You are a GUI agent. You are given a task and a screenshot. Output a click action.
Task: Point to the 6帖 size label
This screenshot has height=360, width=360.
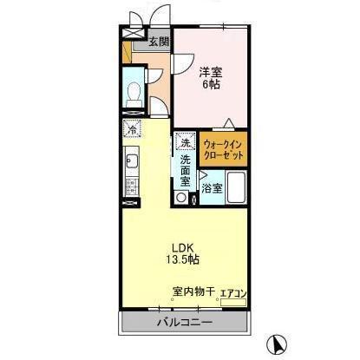pyautogui.click(x=211, y=85)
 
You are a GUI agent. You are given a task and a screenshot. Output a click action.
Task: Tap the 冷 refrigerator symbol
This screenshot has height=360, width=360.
pyautogui.click(x=130, y=130)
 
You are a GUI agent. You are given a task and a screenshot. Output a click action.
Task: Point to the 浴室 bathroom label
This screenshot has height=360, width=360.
pyautogui.click(x=212, y=187)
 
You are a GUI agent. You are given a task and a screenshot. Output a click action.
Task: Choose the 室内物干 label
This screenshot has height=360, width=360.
pyautogui.click(x=191, y=294)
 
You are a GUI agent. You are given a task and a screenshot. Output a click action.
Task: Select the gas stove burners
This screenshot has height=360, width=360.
pyautogui.click(x=132, y=186)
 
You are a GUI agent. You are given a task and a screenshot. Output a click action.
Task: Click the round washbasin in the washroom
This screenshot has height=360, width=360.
pyautogui.click(x=180, y=197)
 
